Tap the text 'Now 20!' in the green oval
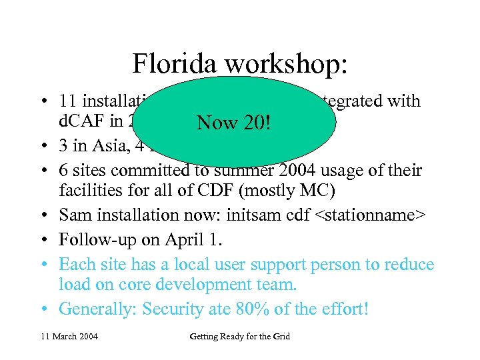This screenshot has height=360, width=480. tap(233, 123)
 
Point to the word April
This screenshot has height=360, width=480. tap(184, 240)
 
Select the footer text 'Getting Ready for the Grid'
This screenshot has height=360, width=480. tap(239, 336)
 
